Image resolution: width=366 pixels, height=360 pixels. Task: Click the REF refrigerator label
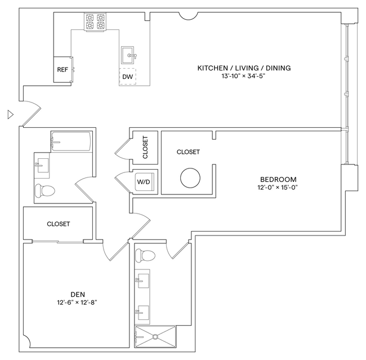click(x=63, y=70)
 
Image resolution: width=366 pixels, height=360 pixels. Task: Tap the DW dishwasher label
click(x=127, y=77)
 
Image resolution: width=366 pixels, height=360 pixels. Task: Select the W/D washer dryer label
click(x=144, y=182)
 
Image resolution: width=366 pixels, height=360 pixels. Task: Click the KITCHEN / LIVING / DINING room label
click(x=244, y=68)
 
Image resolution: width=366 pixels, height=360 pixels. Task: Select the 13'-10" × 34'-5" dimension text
click(x=243, y=75)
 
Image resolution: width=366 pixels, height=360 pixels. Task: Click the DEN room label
click(x=78, y=294)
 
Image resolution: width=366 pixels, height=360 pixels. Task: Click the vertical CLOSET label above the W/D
click(x=145, y=146)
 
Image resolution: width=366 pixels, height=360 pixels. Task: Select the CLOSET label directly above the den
click(x=59, y=224)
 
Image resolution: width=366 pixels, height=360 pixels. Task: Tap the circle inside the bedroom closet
click(x=190, y=178)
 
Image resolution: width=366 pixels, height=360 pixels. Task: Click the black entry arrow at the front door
click(x=10, y=114)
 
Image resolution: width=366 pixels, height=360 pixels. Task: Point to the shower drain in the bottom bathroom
click(x=155, y=337)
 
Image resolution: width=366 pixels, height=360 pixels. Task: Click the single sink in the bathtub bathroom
click(x=41, y=165)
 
